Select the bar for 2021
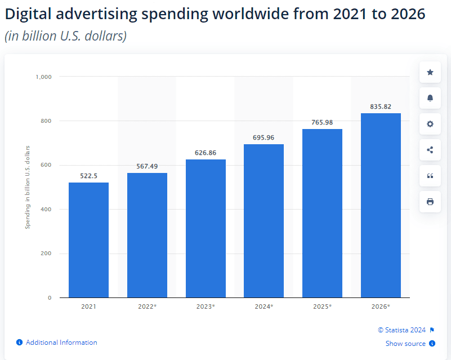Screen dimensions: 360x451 tap(88, 239)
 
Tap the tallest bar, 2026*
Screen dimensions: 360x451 tap(381, 205)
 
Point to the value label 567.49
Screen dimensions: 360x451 tap(147, 166)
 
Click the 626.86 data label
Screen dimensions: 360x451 tap(206, 153)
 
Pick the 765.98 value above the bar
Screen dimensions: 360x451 tap(322, 122)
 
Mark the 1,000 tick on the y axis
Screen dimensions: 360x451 tap(43, 77)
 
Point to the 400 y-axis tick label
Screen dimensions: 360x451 tap(46, 210)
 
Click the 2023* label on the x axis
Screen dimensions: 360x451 tap(206, 306)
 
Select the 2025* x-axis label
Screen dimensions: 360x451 tap(322, 306)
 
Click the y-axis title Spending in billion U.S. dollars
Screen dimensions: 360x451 tap(27, 187)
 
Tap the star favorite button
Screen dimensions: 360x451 tap(430, 72)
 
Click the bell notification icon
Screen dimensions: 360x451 tap(430, 98)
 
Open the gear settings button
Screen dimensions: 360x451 tap(430, 124)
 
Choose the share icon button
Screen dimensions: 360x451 tap(430, 150)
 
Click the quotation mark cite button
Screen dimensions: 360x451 tap(430, 176)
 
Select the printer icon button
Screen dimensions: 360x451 tap(430, 202)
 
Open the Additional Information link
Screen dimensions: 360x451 tap(61, 343)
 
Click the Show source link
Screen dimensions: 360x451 tap(405, 344)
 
